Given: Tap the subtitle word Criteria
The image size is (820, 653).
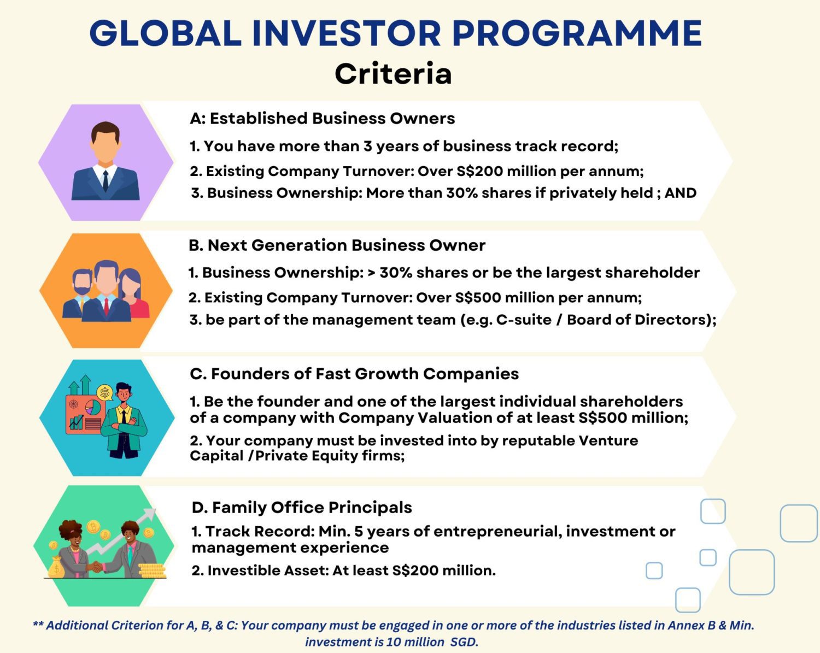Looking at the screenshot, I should [393, 74].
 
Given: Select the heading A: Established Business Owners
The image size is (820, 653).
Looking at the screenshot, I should [323, 119].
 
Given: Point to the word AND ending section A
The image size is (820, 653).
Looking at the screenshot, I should [680, 193].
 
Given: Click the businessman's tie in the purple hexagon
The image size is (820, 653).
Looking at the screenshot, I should [106, 181].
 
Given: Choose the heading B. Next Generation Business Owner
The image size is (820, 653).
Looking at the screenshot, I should [337, 245].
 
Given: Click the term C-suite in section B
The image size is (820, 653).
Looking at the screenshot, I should [524, 320].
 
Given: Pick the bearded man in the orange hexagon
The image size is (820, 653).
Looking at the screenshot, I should [82, 290].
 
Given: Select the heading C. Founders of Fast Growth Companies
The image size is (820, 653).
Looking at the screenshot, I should [354, 374].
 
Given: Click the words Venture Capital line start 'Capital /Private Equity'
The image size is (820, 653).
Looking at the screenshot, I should [216, 456].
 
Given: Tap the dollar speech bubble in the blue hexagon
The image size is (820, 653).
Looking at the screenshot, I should [104, 392].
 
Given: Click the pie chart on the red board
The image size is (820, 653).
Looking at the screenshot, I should [93, 407].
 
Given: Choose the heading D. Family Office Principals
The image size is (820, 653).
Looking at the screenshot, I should [302, 508].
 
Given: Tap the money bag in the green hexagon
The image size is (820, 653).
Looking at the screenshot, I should [56, 568].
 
